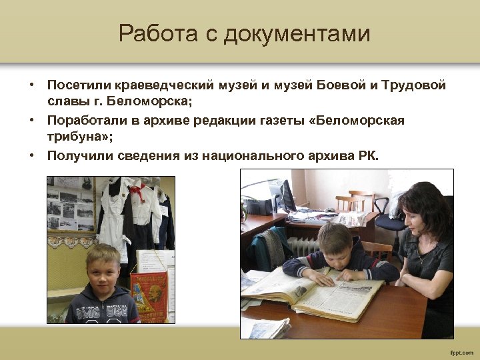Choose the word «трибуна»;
(x=79, y=138)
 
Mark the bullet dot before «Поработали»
(x=31, y=121)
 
